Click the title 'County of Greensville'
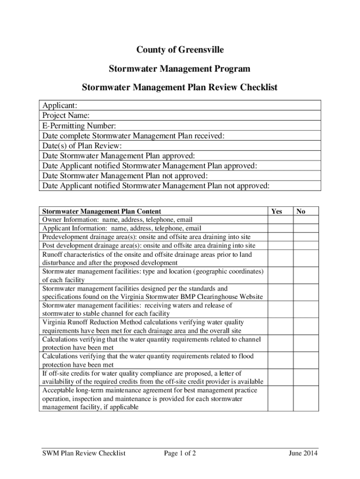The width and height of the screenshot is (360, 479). (x=180, y=50)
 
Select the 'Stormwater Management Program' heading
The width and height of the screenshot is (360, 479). (x=180, y=69)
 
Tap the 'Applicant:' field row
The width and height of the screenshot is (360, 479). (x=180, y=105)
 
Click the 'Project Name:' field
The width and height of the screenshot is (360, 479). (x=180, y=115)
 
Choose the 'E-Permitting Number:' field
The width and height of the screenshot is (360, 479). (x=180, y=125)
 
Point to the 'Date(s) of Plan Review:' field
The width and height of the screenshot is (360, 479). (x=180, y=145)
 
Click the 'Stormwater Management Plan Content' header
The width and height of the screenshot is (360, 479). (x=102, y=211)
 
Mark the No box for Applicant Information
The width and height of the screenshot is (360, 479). (x=306, y=228)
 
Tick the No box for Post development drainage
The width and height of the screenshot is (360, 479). (x=306, y=245)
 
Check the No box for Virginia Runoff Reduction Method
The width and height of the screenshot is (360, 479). (x=306, y=327)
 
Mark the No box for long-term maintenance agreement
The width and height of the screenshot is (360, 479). (x=306, y=399)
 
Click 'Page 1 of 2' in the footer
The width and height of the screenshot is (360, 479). (x=180, y=453)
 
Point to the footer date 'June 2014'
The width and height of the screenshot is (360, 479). (x=303, y=453)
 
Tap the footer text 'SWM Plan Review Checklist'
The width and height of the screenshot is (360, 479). (x=84, y=453)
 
